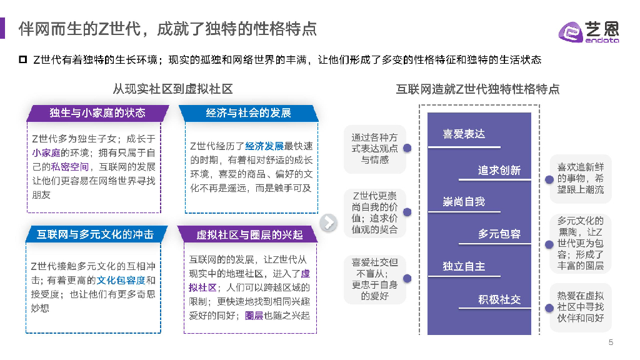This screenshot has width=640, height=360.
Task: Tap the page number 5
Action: tap(611, 342)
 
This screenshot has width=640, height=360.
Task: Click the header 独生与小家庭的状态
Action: tap(97, 112)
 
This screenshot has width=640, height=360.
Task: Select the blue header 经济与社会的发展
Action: tap(249, 112)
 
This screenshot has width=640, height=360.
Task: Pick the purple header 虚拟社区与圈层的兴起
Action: tap(249, 234)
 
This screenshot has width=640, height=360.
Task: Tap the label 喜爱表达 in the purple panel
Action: tap(464, 134)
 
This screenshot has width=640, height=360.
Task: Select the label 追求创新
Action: tap(499, 170)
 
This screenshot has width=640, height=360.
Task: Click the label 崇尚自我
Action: tap(464, 201)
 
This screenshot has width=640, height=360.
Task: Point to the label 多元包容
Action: tap(499, 234)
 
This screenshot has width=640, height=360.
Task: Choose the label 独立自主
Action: tap(464, 266)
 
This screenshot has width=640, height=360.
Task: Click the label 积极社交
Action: tap(499, 299)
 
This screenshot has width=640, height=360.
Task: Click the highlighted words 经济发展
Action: tap(264, 146)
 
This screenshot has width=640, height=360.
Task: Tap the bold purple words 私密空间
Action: tap(70, 167)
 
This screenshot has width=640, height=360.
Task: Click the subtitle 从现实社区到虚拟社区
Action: tap(172, 89)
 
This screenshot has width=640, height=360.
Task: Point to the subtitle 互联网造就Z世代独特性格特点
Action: tap(477, 89)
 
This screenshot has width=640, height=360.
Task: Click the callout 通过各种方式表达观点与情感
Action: tap(374, 149)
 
